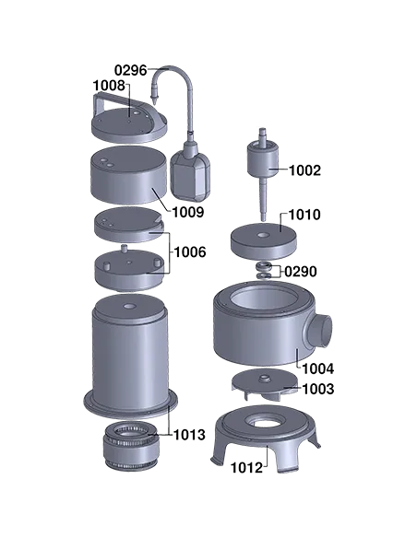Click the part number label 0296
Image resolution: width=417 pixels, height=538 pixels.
[130, 70]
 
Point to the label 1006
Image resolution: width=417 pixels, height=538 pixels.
[188, 251]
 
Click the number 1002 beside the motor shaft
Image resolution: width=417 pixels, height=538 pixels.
[305, 170]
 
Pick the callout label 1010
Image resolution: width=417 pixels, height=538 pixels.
[304, 215]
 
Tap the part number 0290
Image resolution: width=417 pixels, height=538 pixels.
[300, 272]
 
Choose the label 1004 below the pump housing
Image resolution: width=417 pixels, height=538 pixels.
[317, 368]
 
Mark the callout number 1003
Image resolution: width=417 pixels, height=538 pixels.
[318, 390]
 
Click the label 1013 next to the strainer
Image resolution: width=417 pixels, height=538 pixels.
[188, 434]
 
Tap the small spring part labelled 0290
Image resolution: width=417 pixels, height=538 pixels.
[264, 271]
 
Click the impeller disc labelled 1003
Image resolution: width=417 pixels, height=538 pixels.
[265, 380]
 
